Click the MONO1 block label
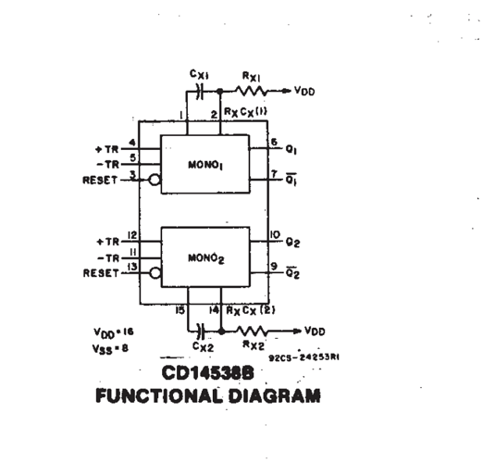coord(205,165)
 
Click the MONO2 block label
coord(206,258)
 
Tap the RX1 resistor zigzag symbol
coord(252,91)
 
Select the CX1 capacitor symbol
coord(200,91)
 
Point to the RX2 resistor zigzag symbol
coord(253,332)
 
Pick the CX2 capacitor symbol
coord(202,332)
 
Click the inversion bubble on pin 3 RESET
coord(155,180)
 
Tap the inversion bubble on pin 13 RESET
coord(155,273)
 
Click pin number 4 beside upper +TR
coord(132,143)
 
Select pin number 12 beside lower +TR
coord(132,235)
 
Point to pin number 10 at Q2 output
coord(275,235)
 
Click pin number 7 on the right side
coord(274,174)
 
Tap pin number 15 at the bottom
coord(180,310)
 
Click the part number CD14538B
coord(207,373)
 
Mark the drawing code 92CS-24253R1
coord(304,357)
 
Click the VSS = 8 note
coord(110,349)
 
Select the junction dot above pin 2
coord(220,91)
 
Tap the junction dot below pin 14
coord(221,332)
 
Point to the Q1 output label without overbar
coord(291,150)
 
